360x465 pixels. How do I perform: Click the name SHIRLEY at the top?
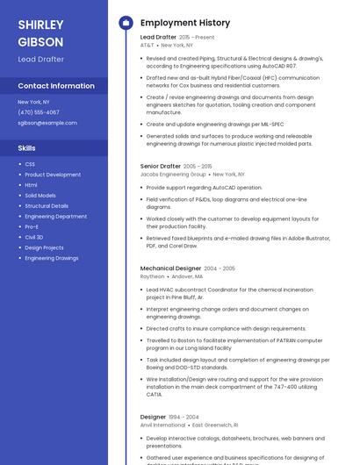click(x=40, y=24)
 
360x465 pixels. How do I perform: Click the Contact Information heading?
click(x=56, y=86)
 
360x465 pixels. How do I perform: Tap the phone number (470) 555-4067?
click(x=39, y=112)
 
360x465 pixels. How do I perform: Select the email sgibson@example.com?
click(x=47, y=123)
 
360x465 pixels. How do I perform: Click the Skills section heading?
click(x=26, y=148)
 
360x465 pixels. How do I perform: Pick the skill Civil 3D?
click(x=34, y=237)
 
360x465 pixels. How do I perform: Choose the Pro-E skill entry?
click(x=32, y=226)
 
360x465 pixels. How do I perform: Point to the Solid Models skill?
click(x=40, y=195)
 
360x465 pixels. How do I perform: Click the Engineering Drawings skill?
click(x=51, y=258)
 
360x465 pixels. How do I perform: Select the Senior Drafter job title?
click(x=161, y=166)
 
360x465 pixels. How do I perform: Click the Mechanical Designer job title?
click(x=170, y=268)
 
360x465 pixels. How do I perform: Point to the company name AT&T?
click(x=147, y=45)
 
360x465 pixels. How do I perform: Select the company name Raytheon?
click(x=152, y=276)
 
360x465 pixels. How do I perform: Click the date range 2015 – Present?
click(x=197, y=38)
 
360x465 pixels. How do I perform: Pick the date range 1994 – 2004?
click(x=184, y=417)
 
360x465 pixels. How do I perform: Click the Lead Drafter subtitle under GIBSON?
click(x=40, y=59)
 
